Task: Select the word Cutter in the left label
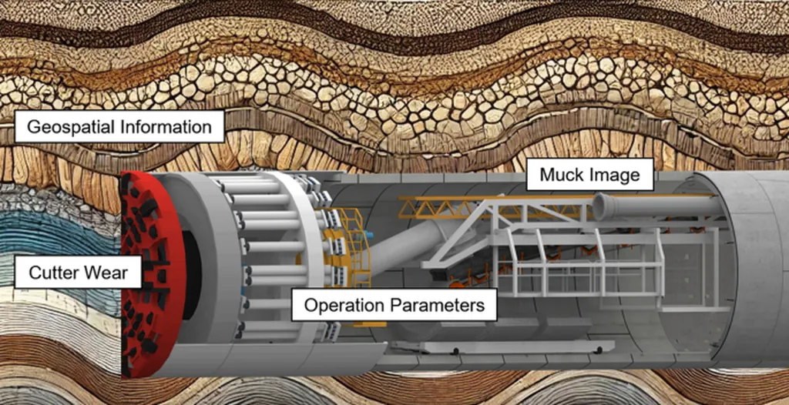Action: tap(52, 272)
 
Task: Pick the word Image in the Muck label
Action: tap(614, 175)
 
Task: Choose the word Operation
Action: tap(344, 305)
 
